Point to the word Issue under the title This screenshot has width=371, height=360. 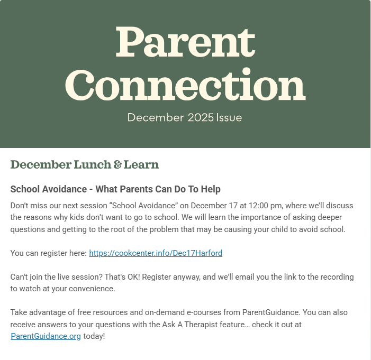click(229, 117)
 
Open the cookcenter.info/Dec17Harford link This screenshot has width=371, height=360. click(156, 253)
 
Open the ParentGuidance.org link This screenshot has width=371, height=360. click(46, 336)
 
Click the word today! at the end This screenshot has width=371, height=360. click(94, 336)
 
